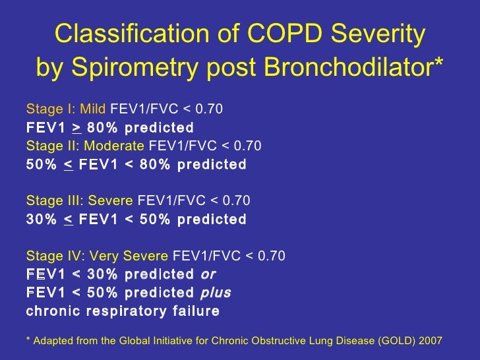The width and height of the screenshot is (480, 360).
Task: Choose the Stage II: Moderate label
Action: [x=86, y=146]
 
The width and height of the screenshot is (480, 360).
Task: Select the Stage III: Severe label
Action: [x=80, y=200]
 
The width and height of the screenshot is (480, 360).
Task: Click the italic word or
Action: [x=208, y=274]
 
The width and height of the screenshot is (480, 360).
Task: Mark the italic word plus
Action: [x=214, y=292]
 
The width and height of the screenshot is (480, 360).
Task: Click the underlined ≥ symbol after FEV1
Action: [x=76, y=127]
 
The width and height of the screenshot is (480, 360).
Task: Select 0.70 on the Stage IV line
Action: [x=272, y=255]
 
